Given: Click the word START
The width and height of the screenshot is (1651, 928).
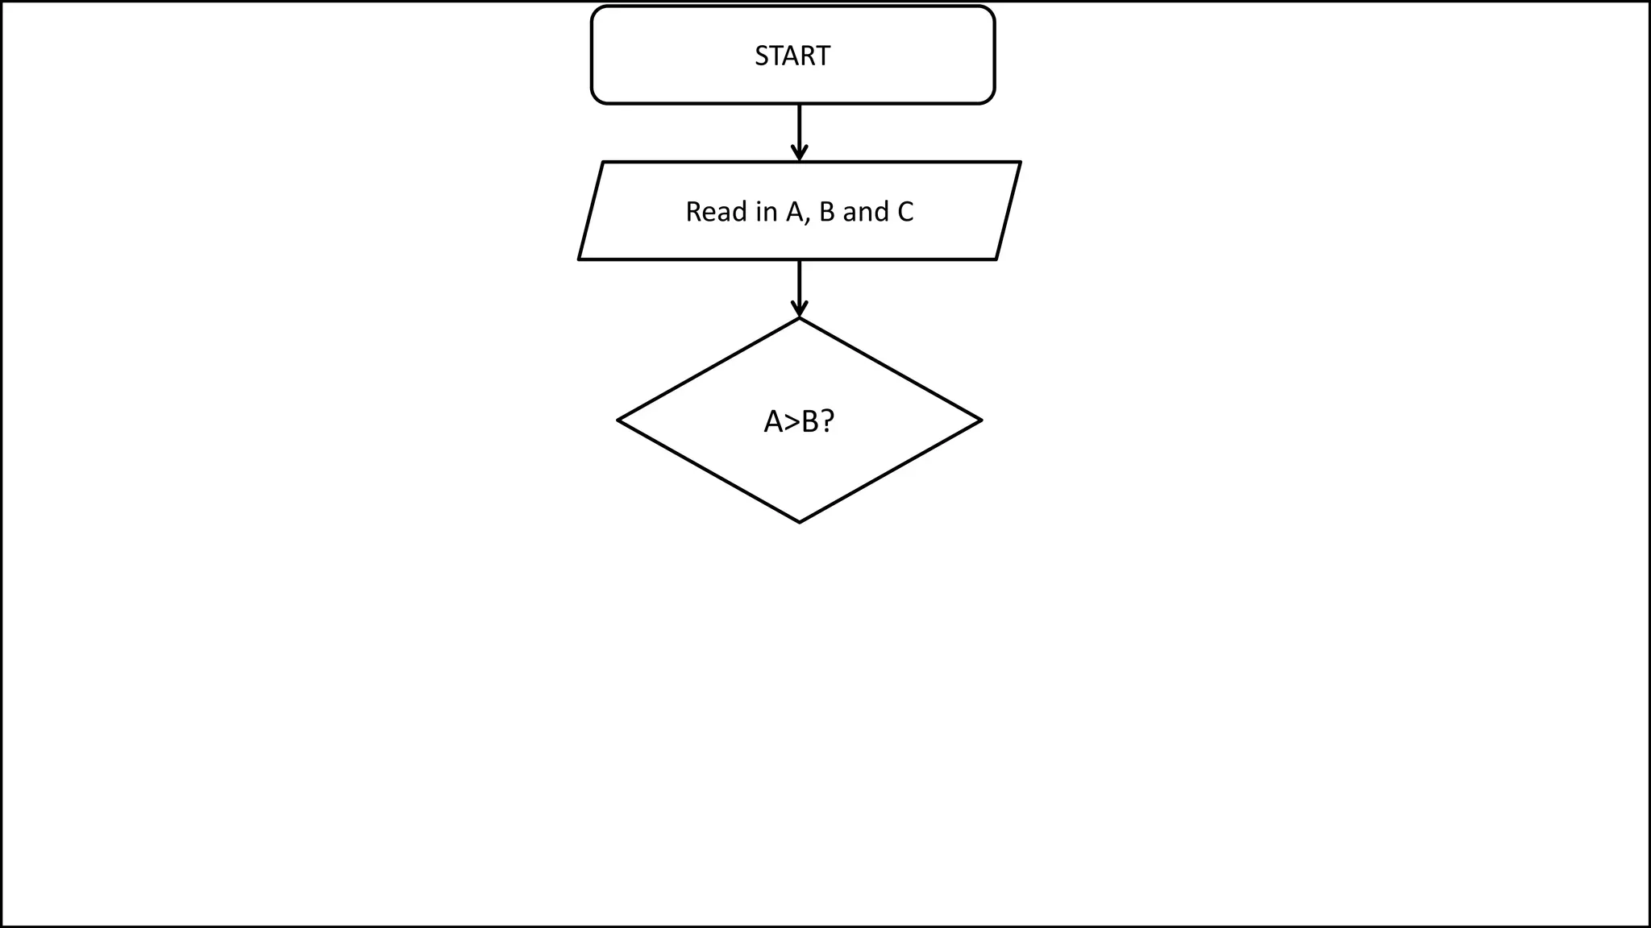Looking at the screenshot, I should (792, 56).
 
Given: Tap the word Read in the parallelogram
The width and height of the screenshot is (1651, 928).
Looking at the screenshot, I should (717, 212).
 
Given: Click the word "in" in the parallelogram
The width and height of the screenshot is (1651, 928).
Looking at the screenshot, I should (767, 212).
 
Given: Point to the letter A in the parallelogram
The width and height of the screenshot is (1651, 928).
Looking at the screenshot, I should (795, 212).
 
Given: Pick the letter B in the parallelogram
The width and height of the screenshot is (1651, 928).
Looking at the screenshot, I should (826, 212).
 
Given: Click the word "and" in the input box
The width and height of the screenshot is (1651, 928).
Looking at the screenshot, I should (865, 212).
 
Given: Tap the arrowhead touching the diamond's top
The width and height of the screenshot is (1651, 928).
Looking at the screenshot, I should (799, 309).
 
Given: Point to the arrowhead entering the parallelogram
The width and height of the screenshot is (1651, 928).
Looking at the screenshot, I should (799, 153).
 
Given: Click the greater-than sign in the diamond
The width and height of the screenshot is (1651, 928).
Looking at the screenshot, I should (792, 421).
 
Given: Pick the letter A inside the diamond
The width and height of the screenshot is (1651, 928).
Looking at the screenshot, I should (773, 421).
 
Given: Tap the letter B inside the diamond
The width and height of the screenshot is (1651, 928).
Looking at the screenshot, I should (809, 421).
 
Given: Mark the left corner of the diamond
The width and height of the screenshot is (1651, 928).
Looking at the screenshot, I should (618, 420).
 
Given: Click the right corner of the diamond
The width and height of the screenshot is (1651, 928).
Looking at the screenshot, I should (980, 420).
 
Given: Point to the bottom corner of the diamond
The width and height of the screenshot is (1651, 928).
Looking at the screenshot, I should (799, 522).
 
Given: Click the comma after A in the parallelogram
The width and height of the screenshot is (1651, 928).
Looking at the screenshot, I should (807, 220).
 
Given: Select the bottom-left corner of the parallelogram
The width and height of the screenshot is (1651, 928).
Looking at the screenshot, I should (580, 259).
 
